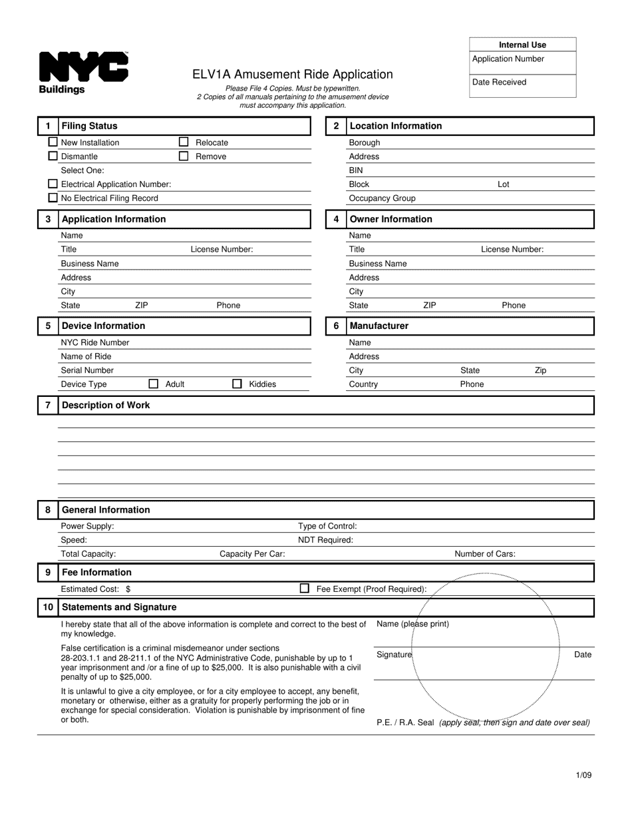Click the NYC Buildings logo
coord(83,72)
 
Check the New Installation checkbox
coord(53,142)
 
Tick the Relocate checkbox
coord(184,142)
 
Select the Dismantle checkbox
coord(53,156)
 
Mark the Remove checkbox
coord(184,156)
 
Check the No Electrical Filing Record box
coord(53,198)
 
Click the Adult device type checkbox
coord(154,384)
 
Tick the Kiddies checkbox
coord(237,384)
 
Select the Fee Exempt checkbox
coord(305,589)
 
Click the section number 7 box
coord(47,405)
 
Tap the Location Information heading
coord(395,126)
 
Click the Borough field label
coord(365,142)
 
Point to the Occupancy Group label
coord(382,198)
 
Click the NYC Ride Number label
coord(95,342)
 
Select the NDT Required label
coord(325,540)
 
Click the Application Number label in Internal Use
coord(508,59)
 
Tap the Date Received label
coord(499,82)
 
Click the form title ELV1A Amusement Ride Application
coord(293,75)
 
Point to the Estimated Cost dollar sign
coord(128,589)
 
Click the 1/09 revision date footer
coord(583,775)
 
